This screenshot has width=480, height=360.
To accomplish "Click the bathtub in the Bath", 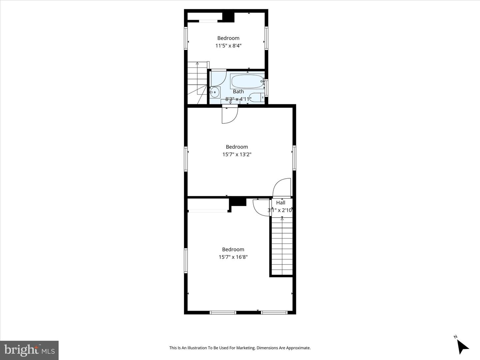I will coord(247,81).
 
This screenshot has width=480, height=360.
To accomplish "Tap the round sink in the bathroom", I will coord(214,92).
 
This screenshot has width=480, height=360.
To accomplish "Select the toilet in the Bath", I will coord(257,97).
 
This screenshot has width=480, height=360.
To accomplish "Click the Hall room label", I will coord(281,203).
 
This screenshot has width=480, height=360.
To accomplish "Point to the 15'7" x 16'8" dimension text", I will coord(233,257).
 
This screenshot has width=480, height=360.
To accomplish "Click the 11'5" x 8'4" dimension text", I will coord(228,46).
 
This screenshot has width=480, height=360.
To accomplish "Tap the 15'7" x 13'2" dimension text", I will coord(237,154).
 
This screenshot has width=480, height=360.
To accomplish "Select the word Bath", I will coord(238,92).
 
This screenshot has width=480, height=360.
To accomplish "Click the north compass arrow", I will coord(462,346).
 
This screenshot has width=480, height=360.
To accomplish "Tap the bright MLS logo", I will coord(29,350).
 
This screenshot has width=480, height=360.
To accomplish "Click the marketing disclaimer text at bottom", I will coord(240,348).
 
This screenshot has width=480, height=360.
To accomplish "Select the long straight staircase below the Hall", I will coord(282,247).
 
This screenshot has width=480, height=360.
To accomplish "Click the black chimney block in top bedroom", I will coord(228,17).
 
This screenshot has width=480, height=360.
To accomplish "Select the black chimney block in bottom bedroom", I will coord(238,202).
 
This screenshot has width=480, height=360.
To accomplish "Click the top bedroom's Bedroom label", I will coord(228,38).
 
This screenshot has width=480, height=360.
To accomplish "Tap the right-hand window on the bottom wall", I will coord(274,313).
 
